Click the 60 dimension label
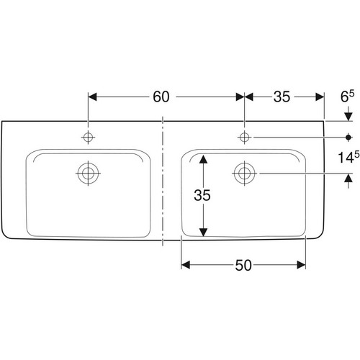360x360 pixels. (x=161, y=97)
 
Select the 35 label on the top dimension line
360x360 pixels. (x=282, y=97)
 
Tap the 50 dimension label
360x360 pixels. (x=243, y=265)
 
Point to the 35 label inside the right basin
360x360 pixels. (x=202, y=195)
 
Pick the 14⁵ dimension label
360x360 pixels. (x=348, y=157)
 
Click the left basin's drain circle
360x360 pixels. (x=88, y=173)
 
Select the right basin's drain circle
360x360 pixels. (x=244, y=173)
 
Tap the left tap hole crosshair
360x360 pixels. (x=88, y=138)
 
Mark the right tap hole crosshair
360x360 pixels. (x=244, y=138)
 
